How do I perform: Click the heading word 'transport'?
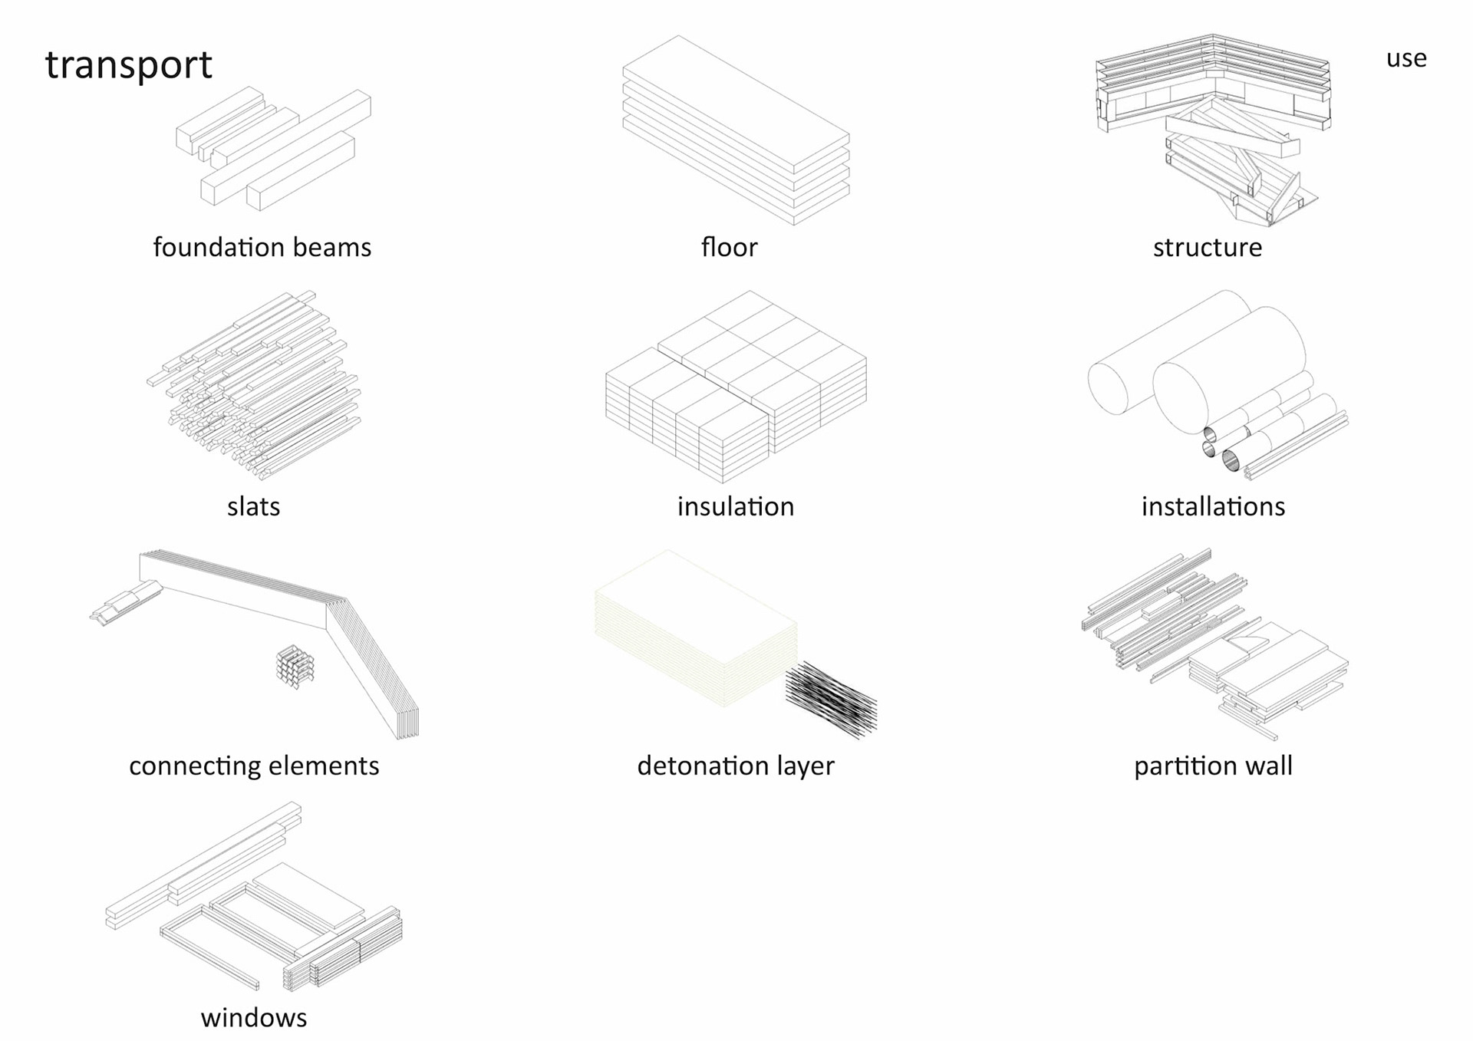tap(128, 64)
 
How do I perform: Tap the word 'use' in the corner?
tap(1405, 58)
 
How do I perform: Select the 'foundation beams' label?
tap(262, 247)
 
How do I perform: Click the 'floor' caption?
tap(729, 247)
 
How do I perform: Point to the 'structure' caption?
tap(1207, 247)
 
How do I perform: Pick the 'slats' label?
tap(253, 506)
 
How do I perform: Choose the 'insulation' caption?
tap(735, 506)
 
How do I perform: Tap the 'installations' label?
tap(1213, 506)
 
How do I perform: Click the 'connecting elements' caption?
tap(253, 766)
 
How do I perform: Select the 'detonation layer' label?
tap(735, 766)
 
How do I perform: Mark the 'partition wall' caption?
tap(1213, 766)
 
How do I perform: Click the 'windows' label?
tap(253, 1017)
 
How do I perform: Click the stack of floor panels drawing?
tap(735, 130)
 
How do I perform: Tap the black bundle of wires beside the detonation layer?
tap(831, 698)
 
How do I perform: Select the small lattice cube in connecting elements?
tap(295, 666)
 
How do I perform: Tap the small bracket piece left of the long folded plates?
tap(125, 602)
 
